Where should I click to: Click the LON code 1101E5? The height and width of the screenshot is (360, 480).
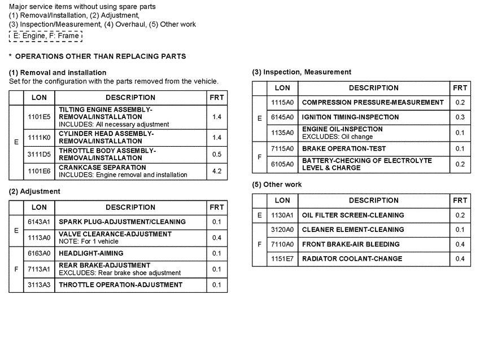(x=39, y=117)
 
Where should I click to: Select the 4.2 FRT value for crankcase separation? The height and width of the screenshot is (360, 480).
(x=217, y=171)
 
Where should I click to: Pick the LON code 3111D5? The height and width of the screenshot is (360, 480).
(x=39, y=154)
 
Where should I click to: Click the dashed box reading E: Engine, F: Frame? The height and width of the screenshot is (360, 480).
(x=46, y=36)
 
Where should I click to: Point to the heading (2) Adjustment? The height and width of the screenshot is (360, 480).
(x=34, y=191)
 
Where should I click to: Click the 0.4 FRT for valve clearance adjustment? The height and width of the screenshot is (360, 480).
(x=217, y=238)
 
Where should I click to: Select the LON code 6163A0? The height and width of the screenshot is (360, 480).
(x=39, y=253)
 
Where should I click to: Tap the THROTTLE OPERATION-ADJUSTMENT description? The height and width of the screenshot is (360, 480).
(x=121, y=285)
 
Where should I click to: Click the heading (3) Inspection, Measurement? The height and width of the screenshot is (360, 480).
(x=302, y=72)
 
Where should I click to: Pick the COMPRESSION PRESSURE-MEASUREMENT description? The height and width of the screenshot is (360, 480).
(x=373, y=102)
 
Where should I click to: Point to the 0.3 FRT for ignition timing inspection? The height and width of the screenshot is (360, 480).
(x=460, y=117)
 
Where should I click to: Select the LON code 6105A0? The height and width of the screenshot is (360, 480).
(x=282, y=164)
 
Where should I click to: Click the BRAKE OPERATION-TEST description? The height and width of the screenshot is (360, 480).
(x=344, y=148)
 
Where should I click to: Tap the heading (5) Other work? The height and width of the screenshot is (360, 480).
(x=277, y=185)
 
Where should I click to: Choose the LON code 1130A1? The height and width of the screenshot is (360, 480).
(x=282, y=215)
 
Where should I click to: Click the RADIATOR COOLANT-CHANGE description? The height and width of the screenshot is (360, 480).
(x=352, y=258)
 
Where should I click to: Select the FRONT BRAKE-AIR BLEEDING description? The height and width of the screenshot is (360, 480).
(x=351, y=244)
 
